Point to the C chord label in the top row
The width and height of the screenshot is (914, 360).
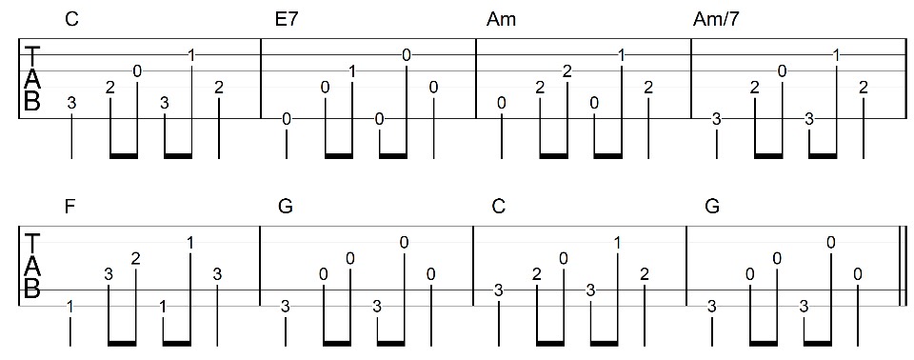[x=71, y=19]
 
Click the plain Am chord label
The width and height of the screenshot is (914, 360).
[x=501, y=19]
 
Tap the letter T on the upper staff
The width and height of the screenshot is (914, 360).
[x=31, y=53]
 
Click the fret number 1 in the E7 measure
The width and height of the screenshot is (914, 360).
[x=352, y=70]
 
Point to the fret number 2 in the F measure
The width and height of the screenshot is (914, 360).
[x=136, y=258]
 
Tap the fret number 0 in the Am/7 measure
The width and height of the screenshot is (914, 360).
[x=782, y=70]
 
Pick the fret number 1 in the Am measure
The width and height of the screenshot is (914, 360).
[x=621, y=55]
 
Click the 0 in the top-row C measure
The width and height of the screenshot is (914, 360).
[x=137, y=70]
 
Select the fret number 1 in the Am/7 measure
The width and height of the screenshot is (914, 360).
[x=836, y=55]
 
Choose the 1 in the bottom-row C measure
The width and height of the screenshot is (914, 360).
[x=618, y=243]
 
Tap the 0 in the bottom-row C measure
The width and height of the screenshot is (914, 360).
[x=564, y=258]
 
